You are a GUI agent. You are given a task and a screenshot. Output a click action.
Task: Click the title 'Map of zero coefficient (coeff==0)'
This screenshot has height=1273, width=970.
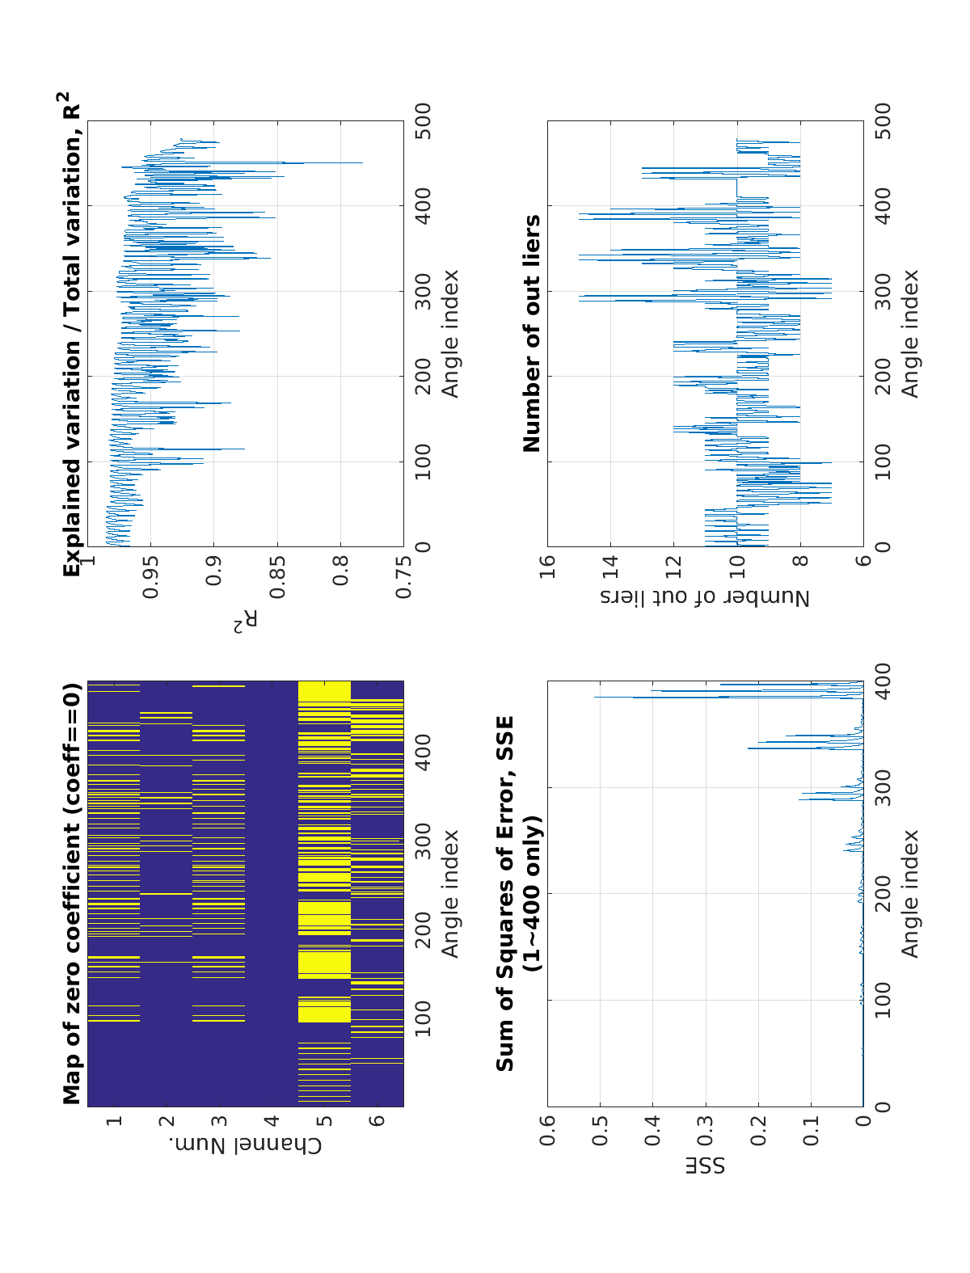[x=73, y=893]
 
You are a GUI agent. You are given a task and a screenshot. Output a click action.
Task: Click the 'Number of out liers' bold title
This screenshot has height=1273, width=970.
[x=532, y=333]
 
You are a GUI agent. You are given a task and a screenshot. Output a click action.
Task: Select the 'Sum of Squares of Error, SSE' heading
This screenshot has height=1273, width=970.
[x=505, y=893]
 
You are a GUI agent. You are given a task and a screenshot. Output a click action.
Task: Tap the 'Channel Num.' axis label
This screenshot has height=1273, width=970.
[x=246, y=1145]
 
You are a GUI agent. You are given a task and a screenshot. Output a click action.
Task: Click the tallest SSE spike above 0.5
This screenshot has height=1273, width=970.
[x=596, y=698]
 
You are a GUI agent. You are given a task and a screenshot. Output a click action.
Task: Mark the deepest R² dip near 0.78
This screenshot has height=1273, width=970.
[x=361, y=163]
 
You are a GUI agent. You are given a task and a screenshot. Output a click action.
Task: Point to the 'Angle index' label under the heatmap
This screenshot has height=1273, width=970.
[x=450, y=893]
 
